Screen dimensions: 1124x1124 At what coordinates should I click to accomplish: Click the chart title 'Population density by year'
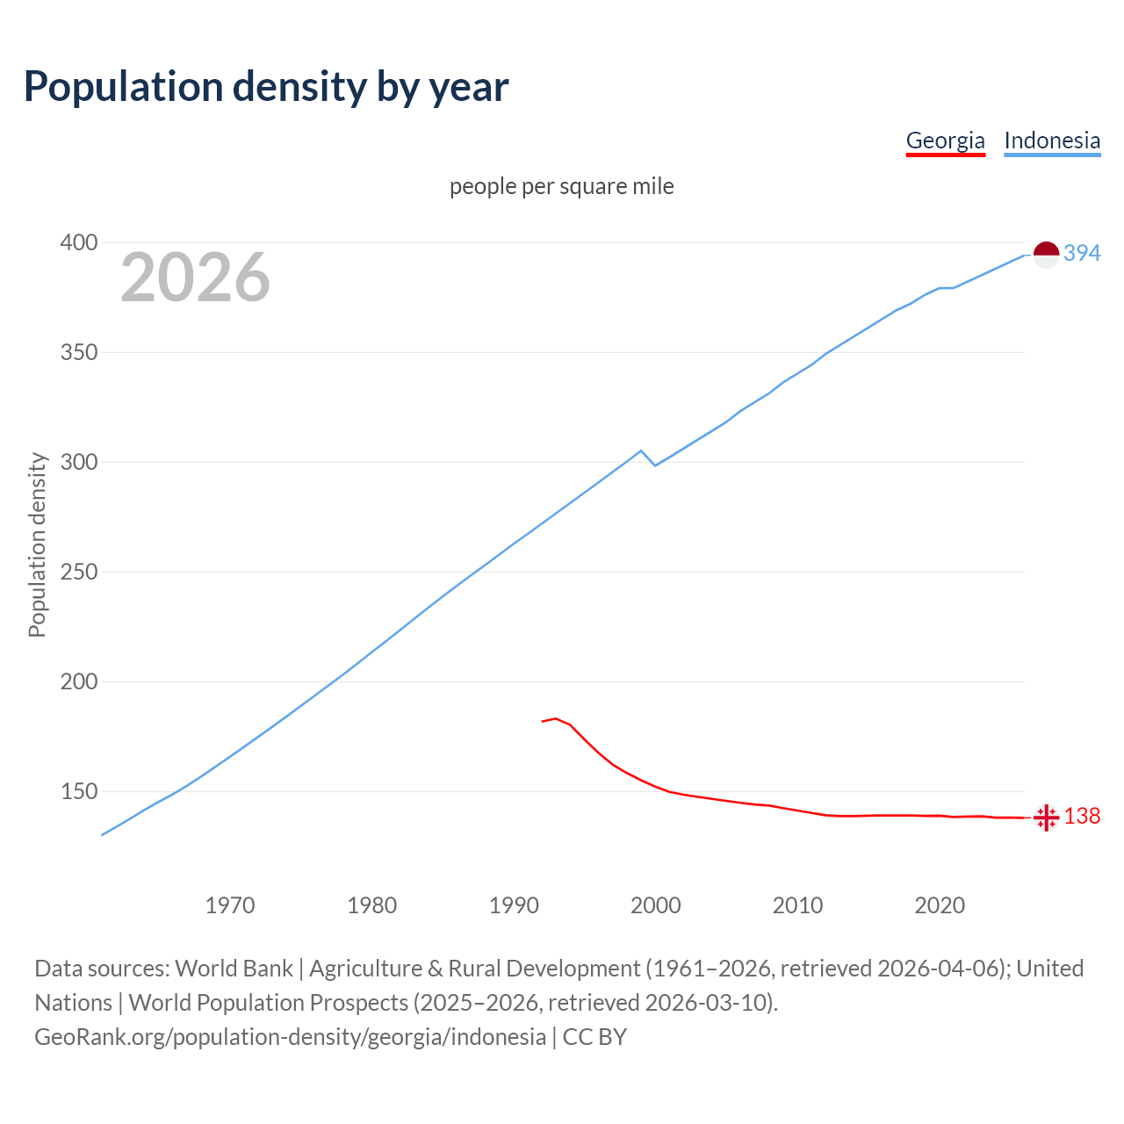pos(266,86)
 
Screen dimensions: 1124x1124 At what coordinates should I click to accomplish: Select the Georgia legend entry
pos(945,140)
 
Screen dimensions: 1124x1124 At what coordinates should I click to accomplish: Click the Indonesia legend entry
pos(1052,140)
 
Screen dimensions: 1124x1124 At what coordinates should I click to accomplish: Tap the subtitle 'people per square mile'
pos(561,186)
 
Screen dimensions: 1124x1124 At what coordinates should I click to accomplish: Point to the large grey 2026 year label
pos(195,277)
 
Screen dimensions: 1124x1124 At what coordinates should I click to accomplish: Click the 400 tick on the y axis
pos(78,242)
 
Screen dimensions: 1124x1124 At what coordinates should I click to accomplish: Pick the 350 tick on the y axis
pos(78,352)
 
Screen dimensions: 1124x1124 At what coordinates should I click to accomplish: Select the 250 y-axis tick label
pos(78,572)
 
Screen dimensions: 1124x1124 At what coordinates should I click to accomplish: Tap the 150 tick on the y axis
pos(78,791)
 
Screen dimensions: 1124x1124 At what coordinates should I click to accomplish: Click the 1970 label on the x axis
pos(230,904)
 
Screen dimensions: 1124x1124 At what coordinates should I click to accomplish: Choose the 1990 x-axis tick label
pos(514,904)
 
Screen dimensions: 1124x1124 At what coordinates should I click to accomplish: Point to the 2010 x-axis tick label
pos(797,904)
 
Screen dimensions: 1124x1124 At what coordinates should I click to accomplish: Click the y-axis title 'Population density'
pos(37,544)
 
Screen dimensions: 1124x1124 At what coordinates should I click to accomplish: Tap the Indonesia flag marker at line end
pos(1046,255)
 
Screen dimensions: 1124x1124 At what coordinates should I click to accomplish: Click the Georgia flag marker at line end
pos(1046,818)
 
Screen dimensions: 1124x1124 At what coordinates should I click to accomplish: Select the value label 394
pos(1082,253)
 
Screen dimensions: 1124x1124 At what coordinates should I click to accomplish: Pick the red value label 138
pos(1082,816)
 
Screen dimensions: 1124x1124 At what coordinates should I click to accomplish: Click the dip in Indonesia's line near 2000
pos(655,465)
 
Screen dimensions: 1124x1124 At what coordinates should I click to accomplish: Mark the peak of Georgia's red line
pos(556,718)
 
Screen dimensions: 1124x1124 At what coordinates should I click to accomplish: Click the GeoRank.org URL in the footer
pos(290,1036)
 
